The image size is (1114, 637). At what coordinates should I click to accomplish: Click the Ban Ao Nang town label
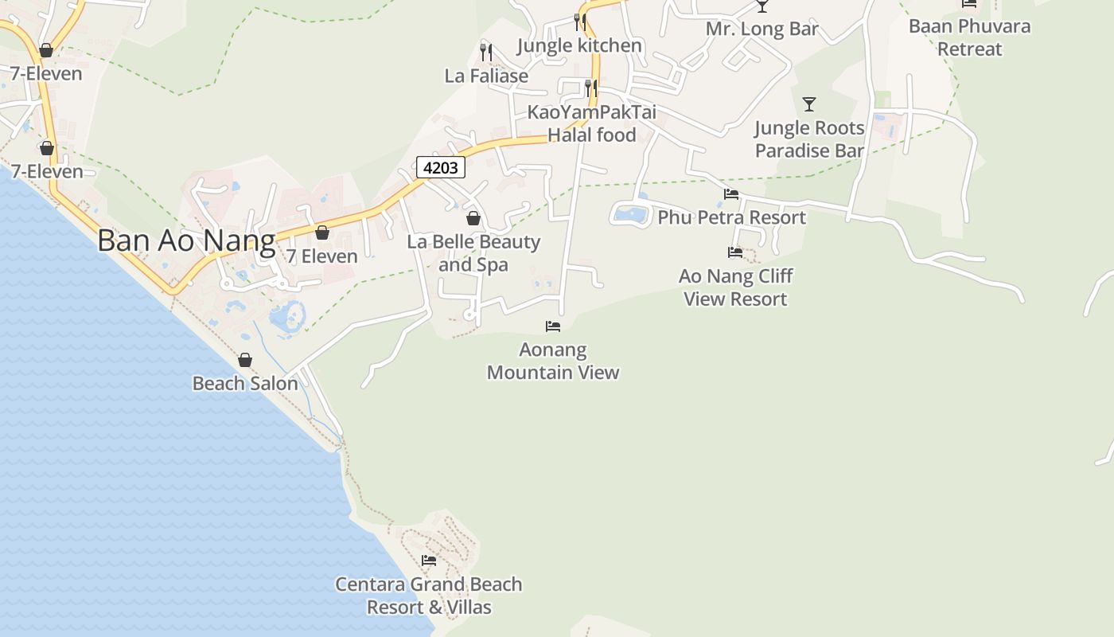coord(186,240)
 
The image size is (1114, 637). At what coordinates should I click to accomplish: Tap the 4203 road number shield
coord(440,168)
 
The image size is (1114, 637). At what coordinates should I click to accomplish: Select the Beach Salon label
coord(245,383)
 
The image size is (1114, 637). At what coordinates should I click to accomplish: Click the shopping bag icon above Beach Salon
coord(245,360)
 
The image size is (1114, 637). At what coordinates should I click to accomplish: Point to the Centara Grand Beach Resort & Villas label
coord(429,596)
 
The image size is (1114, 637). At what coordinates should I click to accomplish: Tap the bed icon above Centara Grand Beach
coord(429,560)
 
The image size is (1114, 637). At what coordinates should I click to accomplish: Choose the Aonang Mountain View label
coord(553,361)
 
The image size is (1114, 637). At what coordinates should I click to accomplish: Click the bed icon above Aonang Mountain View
coord(553,326)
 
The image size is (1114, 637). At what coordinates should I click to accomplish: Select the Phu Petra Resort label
coord(731,217)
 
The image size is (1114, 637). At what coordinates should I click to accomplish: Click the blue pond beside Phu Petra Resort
coord(631,213)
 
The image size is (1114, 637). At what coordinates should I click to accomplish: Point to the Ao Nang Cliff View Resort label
coord(735,287)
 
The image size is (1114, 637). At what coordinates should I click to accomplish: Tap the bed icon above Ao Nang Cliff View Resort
coord(735,252)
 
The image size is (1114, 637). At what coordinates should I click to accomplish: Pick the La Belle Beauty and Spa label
coord(473,253)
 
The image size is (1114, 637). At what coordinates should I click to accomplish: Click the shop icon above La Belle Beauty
coord(473,218)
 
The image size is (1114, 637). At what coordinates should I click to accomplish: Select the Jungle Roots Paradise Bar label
coord(809,139)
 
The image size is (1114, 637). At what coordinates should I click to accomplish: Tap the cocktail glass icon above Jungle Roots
coord(809,104)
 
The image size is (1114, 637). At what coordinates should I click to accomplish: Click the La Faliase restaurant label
coord(486,76)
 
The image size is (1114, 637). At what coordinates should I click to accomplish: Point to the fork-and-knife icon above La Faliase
coord(486,53)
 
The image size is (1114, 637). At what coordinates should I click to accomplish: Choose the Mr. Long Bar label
coord(762,29)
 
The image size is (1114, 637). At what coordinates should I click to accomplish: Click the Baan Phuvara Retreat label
coord(969,37)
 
